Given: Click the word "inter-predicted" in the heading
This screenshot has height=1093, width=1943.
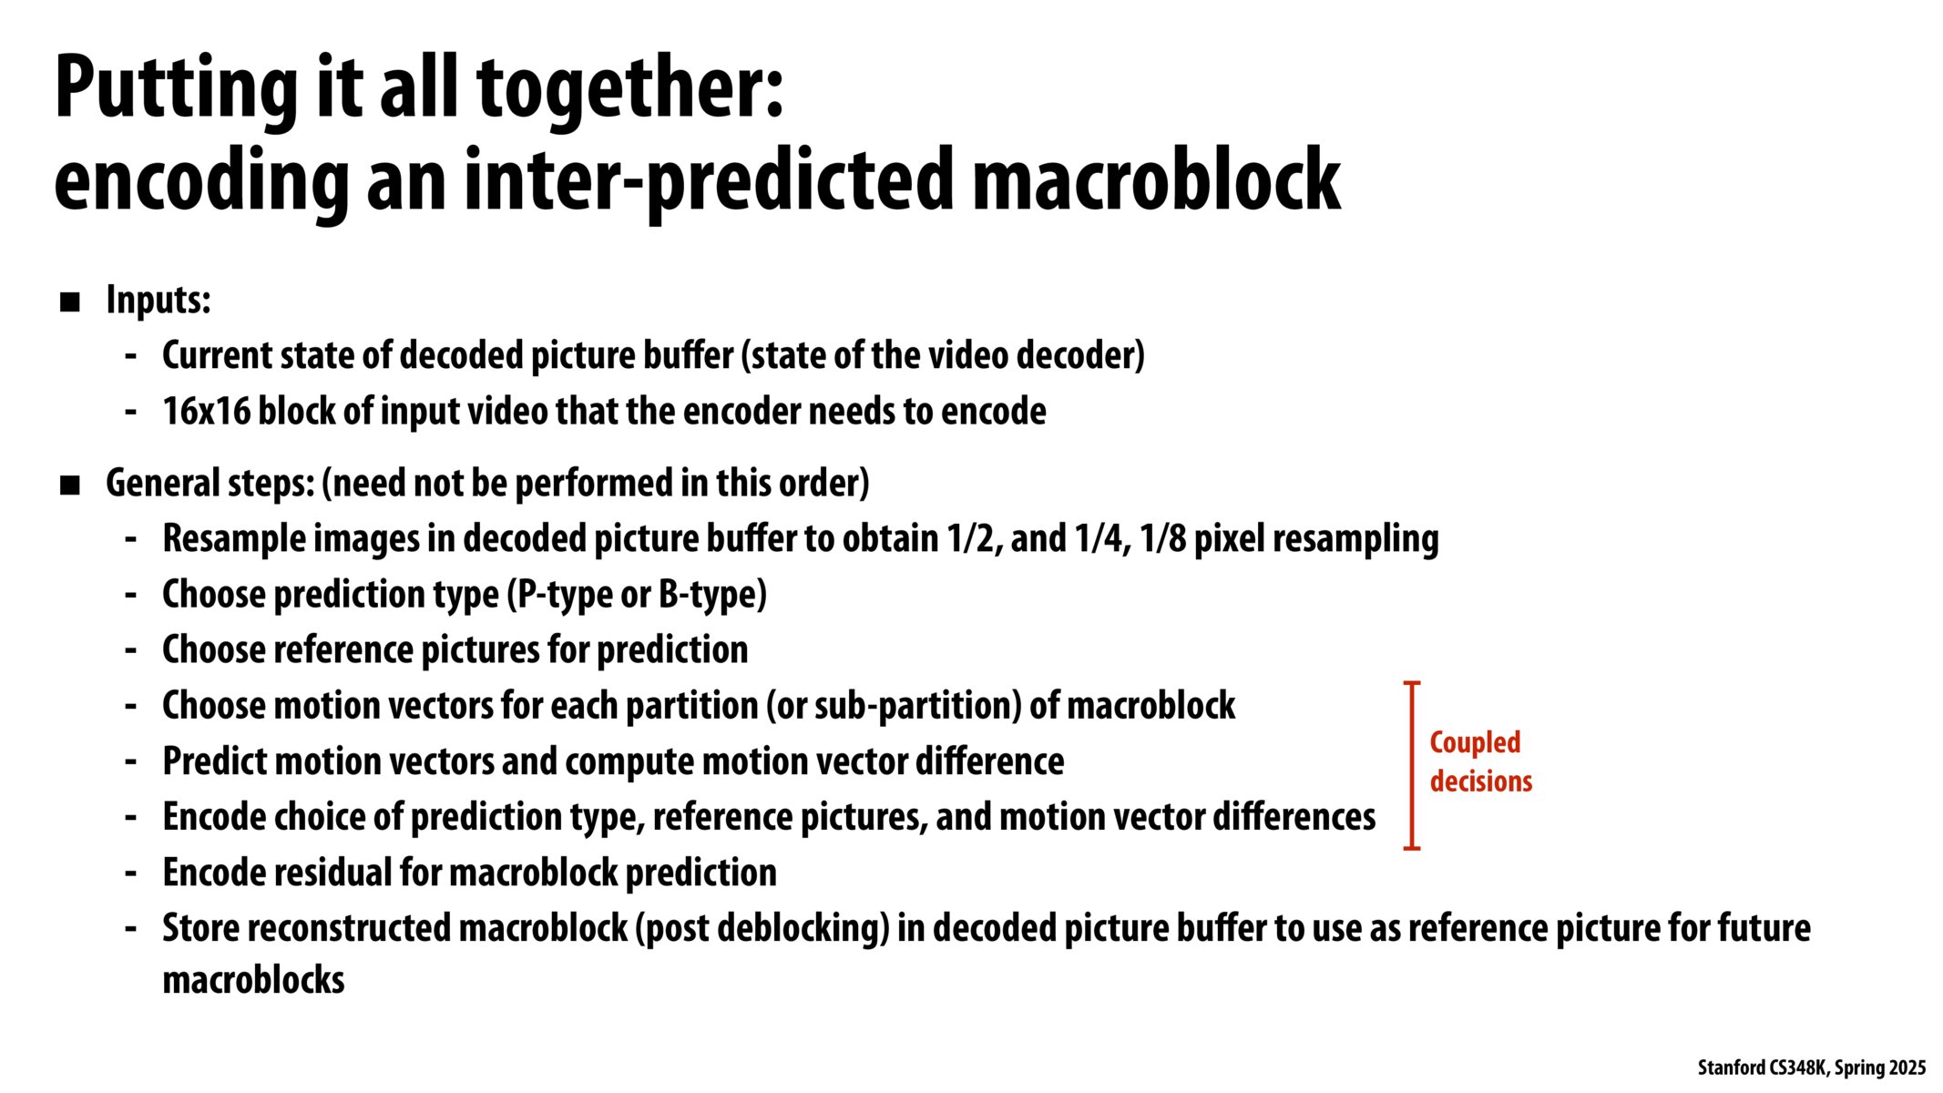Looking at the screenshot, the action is (x=709, y=182).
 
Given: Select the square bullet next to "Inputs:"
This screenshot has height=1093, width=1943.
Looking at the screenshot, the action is (x=70, y=301).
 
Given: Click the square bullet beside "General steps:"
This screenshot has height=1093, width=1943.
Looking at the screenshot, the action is (x=70, y=485).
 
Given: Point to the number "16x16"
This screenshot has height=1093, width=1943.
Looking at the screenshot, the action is (x=206, y=412).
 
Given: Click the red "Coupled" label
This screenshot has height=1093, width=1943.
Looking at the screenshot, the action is (x=1475, y=743).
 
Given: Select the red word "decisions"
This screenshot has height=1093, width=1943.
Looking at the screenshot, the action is (x=1481, y=781).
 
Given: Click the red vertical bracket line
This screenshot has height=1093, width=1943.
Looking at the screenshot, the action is (x=1412, y=765).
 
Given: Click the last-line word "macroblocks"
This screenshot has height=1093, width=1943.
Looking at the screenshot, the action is (x=253, y=980).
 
